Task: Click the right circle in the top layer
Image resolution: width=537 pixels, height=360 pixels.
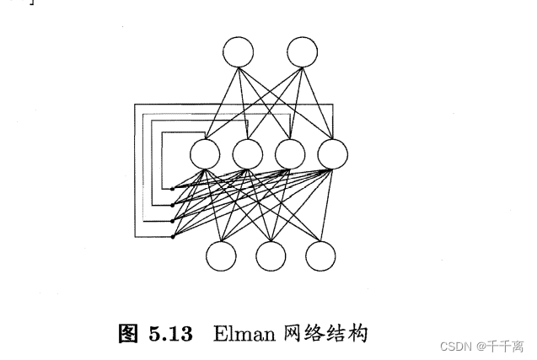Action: (x=301, y=52)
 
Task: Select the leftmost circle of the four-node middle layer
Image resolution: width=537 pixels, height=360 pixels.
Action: (x=205, y=153)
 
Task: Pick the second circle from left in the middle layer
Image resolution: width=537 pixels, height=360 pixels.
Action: (x=247, y=153)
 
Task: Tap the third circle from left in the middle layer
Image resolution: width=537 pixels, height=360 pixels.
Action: (x=289, y=153)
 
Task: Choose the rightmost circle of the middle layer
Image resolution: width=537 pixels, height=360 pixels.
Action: (x=332, y=153)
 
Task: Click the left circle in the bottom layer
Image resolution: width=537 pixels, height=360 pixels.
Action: (x=223, y=255)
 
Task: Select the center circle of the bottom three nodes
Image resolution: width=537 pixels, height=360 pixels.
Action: (x=271, y=255)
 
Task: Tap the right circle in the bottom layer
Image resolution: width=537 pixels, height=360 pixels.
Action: (x=320, y=255)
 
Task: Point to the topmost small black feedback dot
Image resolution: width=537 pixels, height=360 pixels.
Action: (x=173, y=189)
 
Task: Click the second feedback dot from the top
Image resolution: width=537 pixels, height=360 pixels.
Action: (x=173, y=205)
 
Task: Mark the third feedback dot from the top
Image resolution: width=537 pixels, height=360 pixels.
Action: (x=173, y=221)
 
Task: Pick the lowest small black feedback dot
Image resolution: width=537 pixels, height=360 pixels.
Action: (x=173, y=237)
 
